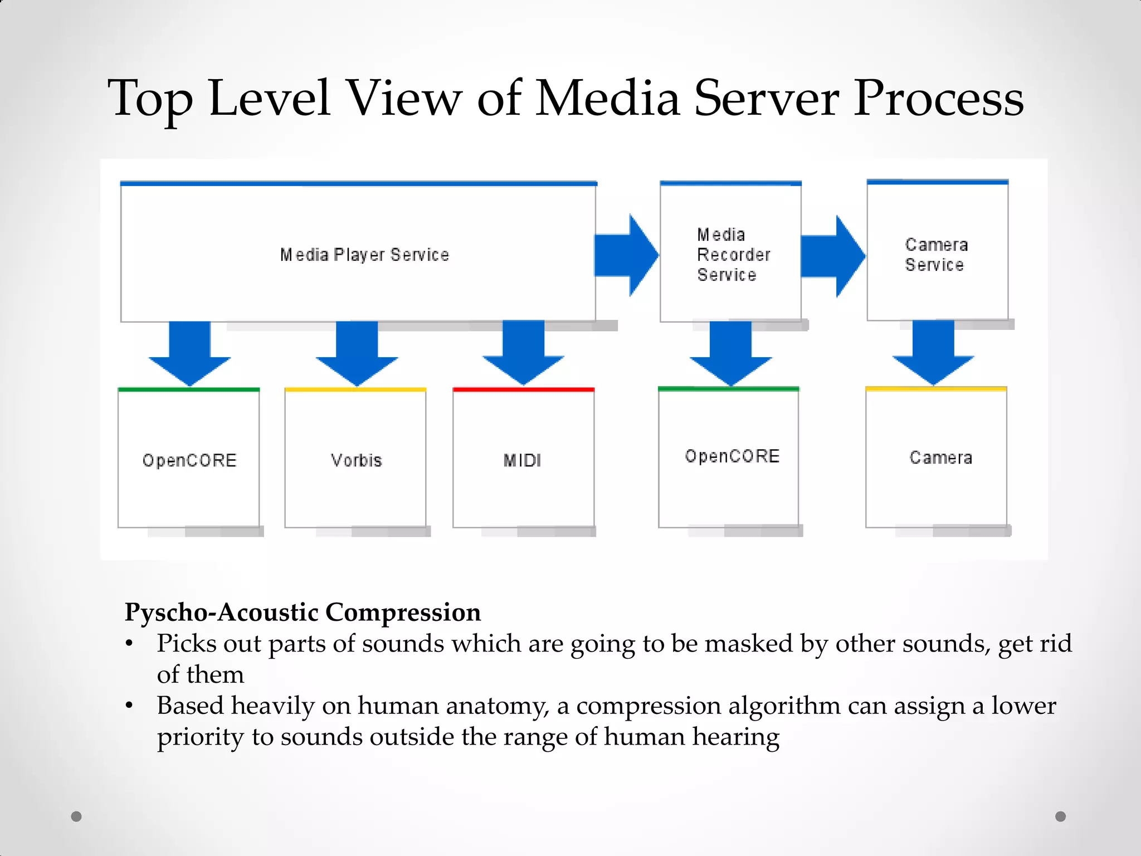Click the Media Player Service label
pyautogui.click(x=364, y=255)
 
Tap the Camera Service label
pyautogui.click(x=935, y=255)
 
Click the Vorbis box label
pyautogui.click(x=356, y=460)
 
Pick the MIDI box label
pyautogui.click(x=522, y=460)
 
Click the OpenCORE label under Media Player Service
pyautogui.click(x=189, y=460)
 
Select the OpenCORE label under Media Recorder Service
pyautogui.click(x=732, y=456)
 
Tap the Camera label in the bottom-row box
pyautogui.click(x=940, y=458)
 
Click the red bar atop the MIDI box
pyautogui.click(x=523, y=390)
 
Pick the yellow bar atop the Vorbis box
pyautogui.click(x=355, y=390)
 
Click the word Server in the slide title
pyautogui.click(x=765, y=99)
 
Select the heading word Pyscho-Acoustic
pyautogui.click(x=221, y=612)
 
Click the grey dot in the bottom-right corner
pyautogui.click(x=1060, y=816)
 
